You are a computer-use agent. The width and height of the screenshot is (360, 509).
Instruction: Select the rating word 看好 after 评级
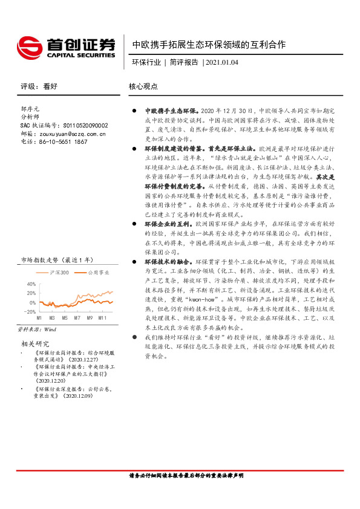pyautogui.click(x=50, y=86)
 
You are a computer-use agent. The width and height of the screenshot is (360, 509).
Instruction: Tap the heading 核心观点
pyautogui.click(x=143, y=86)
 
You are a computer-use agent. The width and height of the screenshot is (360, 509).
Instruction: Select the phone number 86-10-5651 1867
pyautogui.click(x=63, y=141)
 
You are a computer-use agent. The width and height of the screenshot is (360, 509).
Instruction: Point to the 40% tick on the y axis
pyautogui.click(x=30, y=284)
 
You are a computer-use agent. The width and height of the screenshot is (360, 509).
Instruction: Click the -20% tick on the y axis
pyautogui.click(x=29, y=311)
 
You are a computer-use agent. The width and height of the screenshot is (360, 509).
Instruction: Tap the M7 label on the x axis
pyautogui.click(x=77, y=317)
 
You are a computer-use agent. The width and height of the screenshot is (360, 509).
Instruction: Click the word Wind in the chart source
pyautogui.click(x=50, y=329)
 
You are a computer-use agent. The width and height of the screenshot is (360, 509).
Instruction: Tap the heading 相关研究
pyautogui.click(x=32, y=343)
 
